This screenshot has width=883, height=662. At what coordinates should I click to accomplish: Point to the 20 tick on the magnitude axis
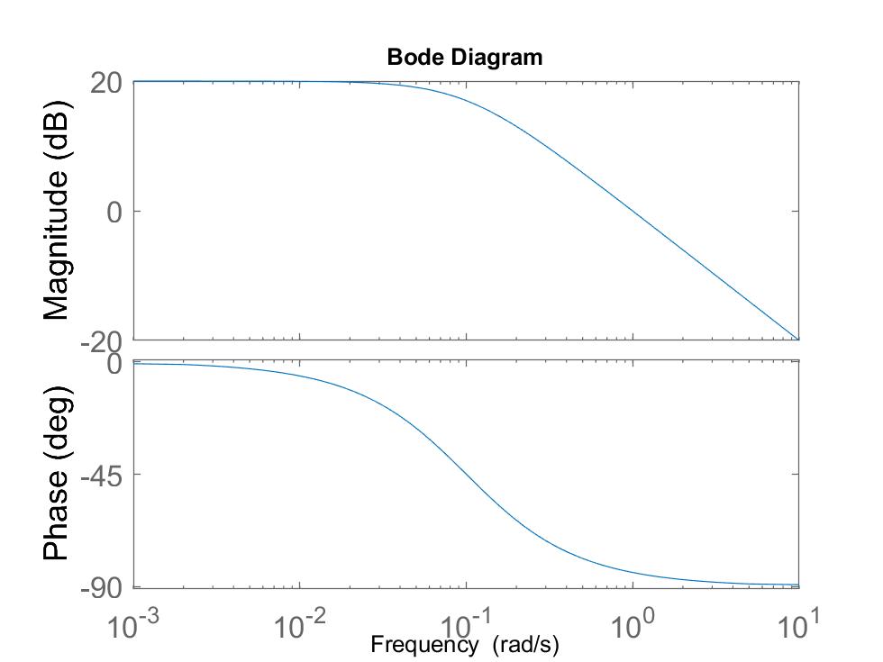point(106,82)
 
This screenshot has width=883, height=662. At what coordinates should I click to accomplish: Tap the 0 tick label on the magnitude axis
point(114,212)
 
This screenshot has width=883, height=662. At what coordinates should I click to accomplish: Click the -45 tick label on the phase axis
point(101,475)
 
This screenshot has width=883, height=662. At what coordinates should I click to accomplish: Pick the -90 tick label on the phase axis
point(101,588)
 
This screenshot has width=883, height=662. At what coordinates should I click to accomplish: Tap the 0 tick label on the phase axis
point(114,364)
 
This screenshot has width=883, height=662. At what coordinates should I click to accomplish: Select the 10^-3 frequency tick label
point(134,625)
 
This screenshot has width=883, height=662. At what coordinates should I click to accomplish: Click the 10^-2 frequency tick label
point(300,625)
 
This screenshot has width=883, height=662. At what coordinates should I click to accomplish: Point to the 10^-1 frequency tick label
point(467,625)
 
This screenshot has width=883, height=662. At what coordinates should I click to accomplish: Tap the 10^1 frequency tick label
point(798,625)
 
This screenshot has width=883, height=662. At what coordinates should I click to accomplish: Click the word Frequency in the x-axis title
point(423,645)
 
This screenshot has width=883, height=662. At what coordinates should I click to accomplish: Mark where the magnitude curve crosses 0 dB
point(633,212)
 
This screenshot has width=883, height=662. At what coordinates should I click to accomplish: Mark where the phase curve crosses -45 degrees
point(466,473)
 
